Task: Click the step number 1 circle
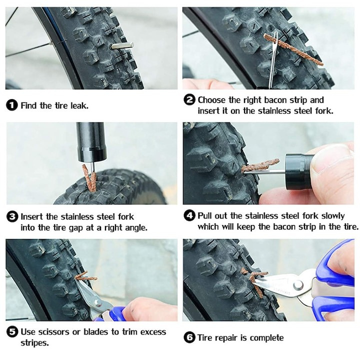tap(12, 105)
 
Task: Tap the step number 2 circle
tap(189, 100)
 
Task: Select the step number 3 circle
tap(12, 217)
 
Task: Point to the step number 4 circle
tap(189, 216)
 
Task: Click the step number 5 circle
tap(12, 332)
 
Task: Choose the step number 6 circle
tap(189, 337)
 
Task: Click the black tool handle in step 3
tap(91, 142)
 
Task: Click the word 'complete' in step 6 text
tap(265, 337)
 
